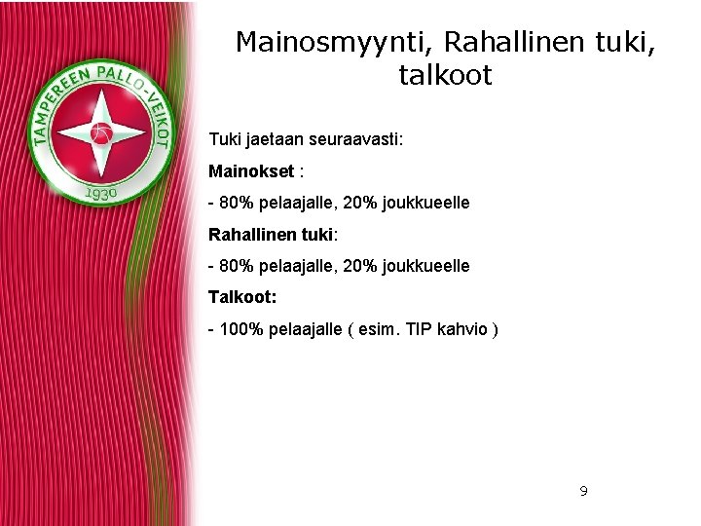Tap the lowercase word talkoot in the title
445,75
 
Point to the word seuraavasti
355,140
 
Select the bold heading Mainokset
251,171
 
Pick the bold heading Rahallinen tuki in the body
271,235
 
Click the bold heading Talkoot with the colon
242,297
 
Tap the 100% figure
240,329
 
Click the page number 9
583,491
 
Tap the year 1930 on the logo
101,194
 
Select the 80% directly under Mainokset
235,203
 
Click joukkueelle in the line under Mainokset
425,203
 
